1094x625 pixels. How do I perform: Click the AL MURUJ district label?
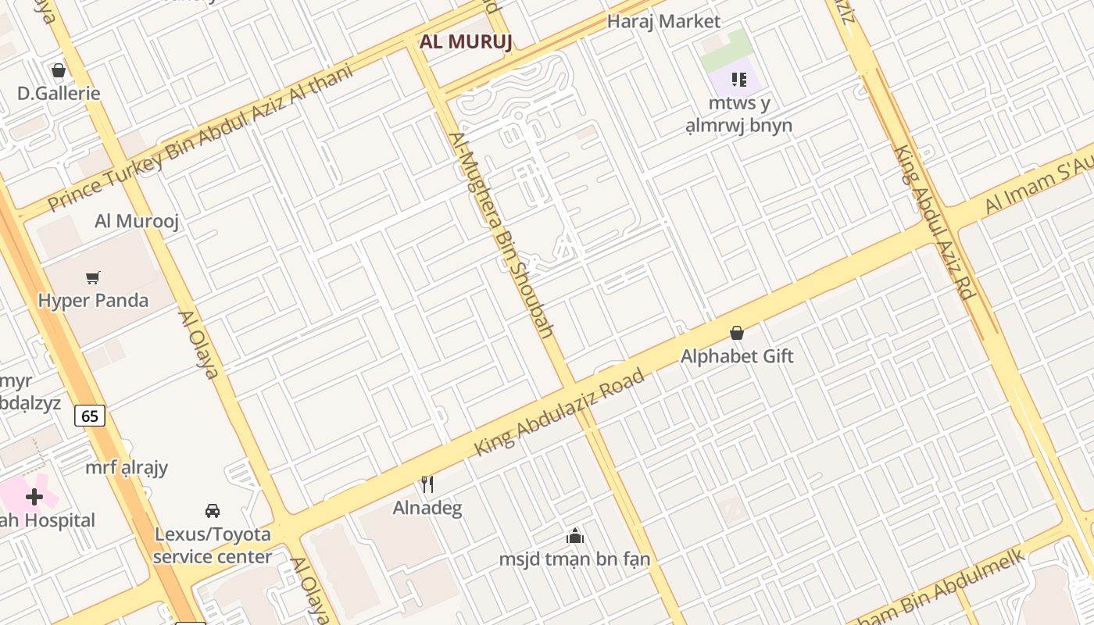tap(466, 41)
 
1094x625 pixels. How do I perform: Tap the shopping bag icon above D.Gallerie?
tap(59, 70)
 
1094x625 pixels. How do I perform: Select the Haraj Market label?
tap(663, 21)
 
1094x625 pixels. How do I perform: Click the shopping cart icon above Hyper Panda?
tap(93, 277)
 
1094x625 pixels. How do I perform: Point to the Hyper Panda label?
tap(93, 300)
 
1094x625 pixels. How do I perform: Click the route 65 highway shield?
tap(90, 416)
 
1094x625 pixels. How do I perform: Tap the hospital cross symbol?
tap(34, 496)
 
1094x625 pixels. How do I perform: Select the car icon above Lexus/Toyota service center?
tap(212, 511)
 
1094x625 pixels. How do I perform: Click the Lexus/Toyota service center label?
tap(212, 545)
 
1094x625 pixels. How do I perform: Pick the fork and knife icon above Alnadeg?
tap(427, 484)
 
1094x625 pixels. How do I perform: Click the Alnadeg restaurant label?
tap(427, 508)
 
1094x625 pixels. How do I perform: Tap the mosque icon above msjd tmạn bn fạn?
tap(575, 536)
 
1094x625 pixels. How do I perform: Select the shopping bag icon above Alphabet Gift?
tap(736, 334)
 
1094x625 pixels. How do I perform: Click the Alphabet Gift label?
tap(736, 356)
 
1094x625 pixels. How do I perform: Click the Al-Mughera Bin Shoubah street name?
tap(500, 234)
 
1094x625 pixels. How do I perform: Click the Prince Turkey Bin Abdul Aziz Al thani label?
tap(200, 137)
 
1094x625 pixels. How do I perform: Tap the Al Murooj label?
tap(137, 220)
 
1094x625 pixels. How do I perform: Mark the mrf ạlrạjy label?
tap(127, 467)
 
